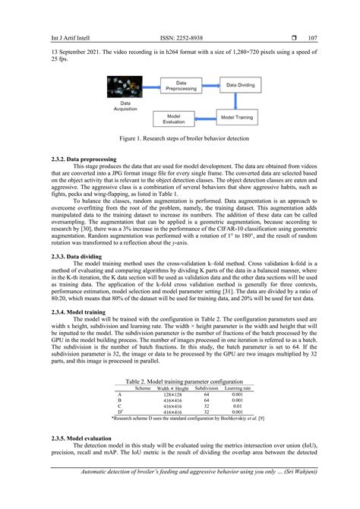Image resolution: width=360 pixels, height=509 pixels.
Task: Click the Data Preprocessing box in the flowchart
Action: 182,87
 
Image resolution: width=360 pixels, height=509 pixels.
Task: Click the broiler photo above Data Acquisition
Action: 121,86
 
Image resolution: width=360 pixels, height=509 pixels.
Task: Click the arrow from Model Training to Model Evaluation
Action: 205,118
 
